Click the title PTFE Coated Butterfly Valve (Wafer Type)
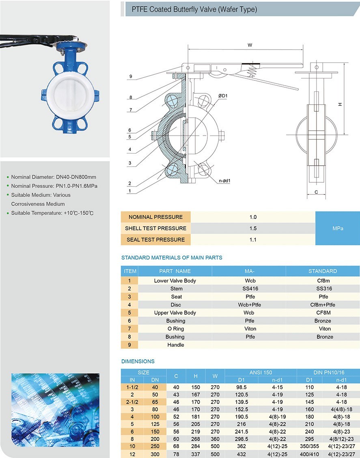click(194, 9)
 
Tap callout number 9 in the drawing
click(131, 76)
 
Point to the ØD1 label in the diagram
click(223, 95)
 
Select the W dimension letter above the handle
click(250, 45)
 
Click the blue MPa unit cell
click(337, 228)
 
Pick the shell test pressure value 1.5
click(253, 228)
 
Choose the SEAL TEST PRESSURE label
click(155, 240)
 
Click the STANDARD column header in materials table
click(323, 271)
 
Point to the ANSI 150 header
click(261, 372)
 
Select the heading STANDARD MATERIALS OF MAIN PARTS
click(172, 257)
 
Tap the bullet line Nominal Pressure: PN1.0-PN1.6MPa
click(54, 186)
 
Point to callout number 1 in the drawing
click(130, 191)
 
